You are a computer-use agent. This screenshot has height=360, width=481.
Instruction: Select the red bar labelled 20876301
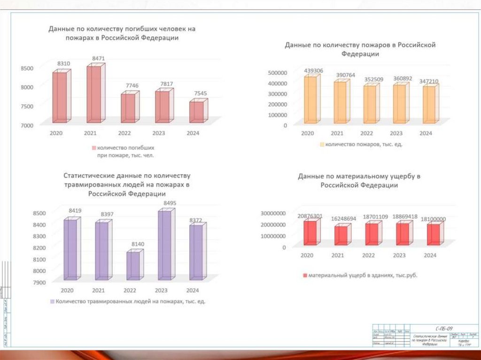click(x=310, y=233)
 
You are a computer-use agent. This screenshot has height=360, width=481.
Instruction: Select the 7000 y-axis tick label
click(x=27, y=125)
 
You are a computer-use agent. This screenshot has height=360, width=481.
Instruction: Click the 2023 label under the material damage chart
click(x=399, y=255)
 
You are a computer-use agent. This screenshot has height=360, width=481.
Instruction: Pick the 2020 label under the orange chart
click(x=307, y=134)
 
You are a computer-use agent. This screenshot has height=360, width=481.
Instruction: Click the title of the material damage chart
click(x=359, y=181)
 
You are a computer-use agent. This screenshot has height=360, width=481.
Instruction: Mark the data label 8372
click(x=196, y=219)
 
